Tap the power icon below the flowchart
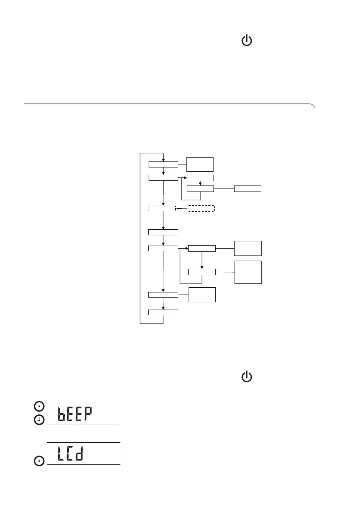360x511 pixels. tap(247, 377)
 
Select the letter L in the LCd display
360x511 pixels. tap(63, 453)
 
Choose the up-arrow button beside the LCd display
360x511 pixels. tap(39, 461)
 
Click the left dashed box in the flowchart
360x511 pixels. tap(162, 209)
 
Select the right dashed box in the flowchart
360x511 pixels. tap(201, 209)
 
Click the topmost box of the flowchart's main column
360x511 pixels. tap(163, 164)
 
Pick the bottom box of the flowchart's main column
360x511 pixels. tap(163, 312)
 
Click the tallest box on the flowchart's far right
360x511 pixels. tap(248, 272)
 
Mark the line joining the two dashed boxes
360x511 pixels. tap(182, 209)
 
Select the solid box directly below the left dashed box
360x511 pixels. tap(163, 232)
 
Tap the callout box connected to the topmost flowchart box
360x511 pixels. tap(200, 164)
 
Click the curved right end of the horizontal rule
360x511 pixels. tap(313, 106)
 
